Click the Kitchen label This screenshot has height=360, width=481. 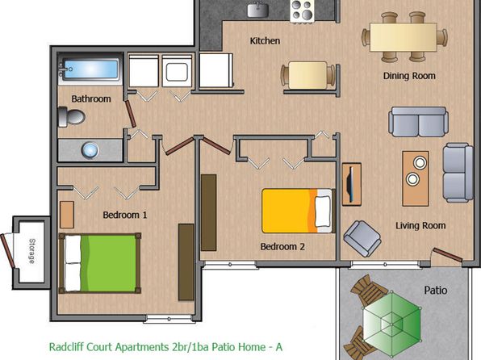265,41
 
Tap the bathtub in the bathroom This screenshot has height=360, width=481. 90,70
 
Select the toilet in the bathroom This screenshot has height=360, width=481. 72,116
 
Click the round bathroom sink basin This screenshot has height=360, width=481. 90,150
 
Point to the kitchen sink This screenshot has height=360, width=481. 258,10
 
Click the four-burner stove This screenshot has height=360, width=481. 302,10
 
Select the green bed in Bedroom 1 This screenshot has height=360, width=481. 100,263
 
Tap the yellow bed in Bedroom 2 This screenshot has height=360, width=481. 298,211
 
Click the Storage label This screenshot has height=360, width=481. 32,251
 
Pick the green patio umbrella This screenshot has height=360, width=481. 391,323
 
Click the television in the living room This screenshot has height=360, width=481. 351,185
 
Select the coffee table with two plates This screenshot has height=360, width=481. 416,178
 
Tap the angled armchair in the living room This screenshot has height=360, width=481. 362,238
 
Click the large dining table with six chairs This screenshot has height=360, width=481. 404,37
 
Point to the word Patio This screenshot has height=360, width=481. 436,291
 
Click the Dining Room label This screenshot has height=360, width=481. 409,76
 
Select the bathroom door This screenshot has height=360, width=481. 131,113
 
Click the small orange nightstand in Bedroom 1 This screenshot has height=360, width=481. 67,215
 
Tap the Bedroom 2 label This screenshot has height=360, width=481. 282,246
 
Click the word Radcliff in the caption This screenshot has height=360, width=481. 66,347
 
